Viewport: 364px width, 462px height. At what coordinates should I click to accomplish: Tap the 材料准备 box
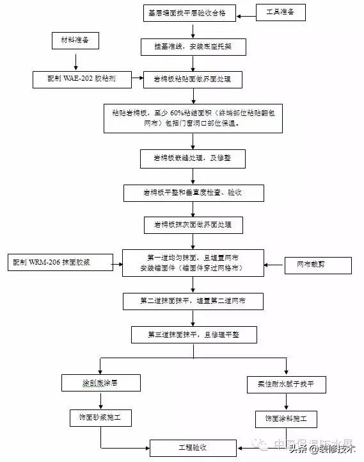(76, 42)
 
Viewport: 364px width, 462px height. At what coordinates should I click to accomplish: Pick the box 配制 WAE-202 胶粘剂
(82, 79)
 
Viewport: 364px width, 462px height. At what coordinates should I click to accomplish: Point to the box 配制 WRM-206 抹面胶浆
(60, 263)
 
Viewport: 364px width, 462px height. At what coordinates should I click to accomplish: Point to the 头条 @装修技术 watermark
(322, 450)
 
